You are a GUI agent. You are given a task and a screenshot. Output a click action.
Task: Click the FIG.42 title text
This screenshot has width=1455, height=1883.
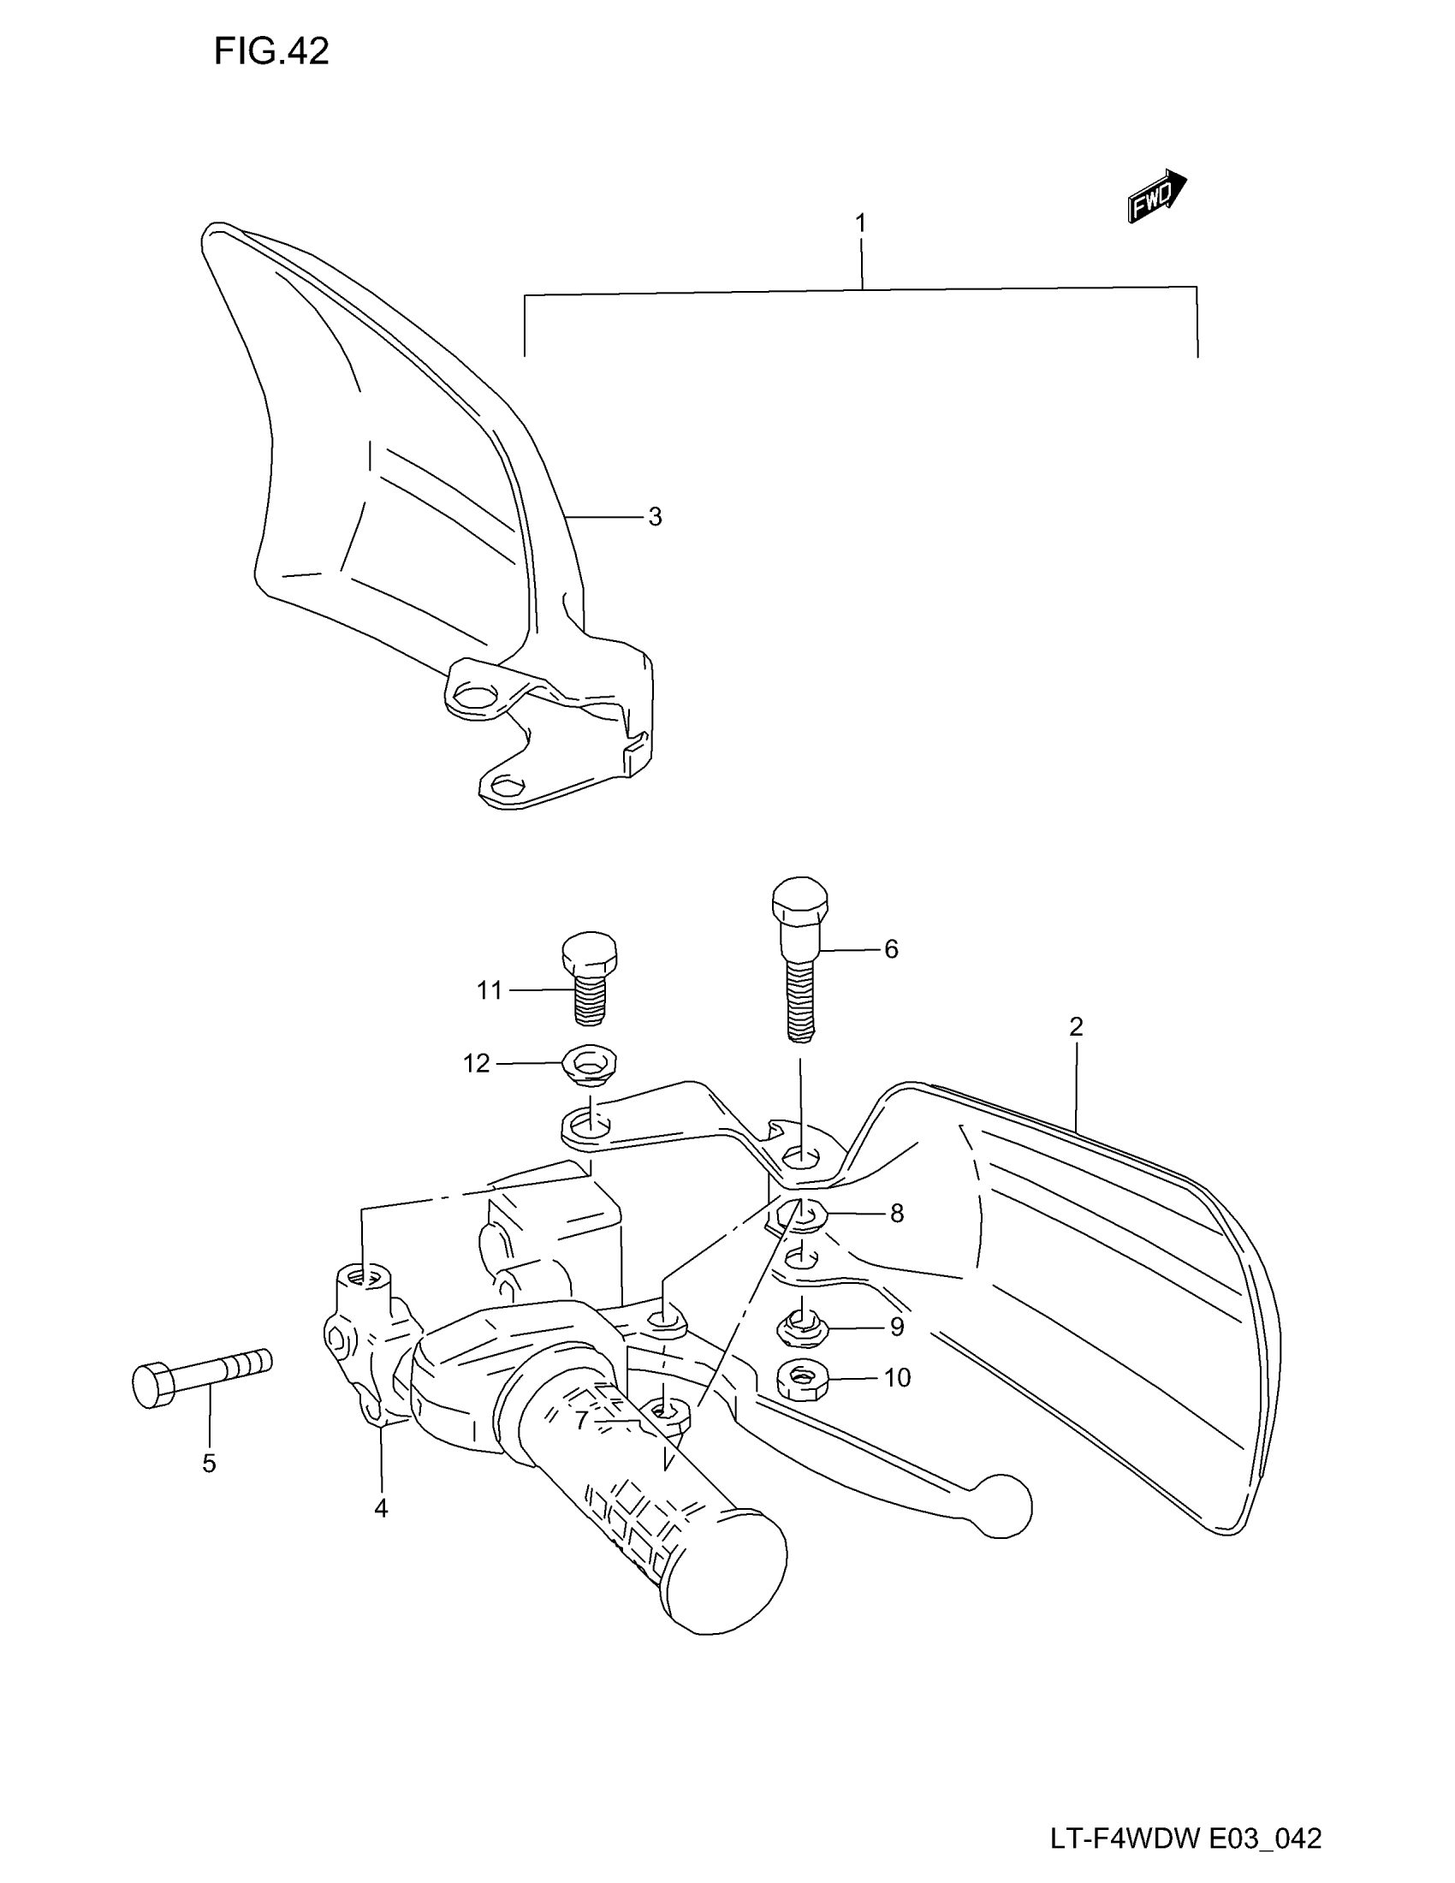click(x=271, y=52)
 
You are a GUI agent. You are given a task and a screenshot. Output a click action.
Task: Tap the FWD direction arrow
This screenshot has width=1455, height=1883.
click(x=1156, y=197)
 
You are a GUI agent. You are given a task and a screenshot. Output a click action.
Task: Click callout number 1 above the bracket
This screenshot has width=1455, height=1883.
click(x=860, y=223)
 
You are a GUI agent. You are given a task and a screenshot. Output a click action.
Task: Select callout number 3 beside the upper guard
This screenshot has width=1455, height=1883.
click(x=655, y=517)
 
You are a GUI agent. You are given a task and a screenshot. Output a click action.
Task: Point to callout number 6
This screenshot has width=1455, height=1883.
click(x=891, y=949)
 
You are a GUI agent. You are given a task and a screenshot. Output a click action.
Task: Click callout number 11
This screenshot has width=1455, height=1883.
click(x=490, y=990)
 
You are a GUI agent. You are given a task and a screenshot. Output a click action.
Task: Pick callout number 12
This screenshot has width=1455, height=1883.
click(x=477, y=1064)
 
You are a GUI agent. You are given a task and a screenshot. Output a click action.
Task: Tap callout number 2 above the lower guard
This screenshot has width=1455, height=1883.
click(x=1076, y=1027)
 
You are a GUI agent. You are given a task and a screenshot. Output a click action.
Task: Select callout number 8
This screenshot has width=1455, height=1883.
click(x=896, y=1213)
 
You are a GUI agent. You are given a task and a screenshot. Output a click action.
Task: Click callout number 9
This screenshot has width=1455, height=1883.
click(x=896, y=1327)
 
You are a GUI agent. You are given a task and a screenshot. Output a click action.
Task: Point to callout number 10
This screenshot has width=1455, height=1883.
click(x=897, y=1378)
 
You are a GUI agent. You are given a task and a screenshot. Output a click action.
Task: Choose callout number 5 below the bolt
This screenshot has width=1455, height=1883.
click(x=209, y=1463)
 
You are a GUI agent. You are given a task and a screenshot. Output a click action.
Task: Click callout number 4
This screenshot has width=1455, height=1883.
click(x=381, y=1508)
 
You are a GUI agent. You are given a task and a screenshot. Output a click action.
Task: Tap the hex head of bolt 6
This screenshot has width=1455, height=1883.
click(x=800, y=901)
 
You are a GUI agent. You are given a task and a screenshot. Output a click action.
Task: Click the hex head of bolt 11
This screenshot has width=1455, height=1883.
click(x=589, y=953)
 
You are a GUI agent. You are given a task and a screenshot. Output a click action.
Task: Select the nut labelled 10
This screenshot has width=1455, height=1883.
click(x=802, y=1381)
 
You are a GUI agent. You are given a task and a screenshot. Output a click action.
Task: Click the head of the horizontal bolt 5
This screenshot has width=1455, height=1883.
click(x=151, y=1385)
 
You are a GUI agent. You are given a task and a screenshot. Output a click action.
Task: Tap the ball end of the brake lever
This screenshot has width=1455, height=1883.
click(x=1002, y=1506)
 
